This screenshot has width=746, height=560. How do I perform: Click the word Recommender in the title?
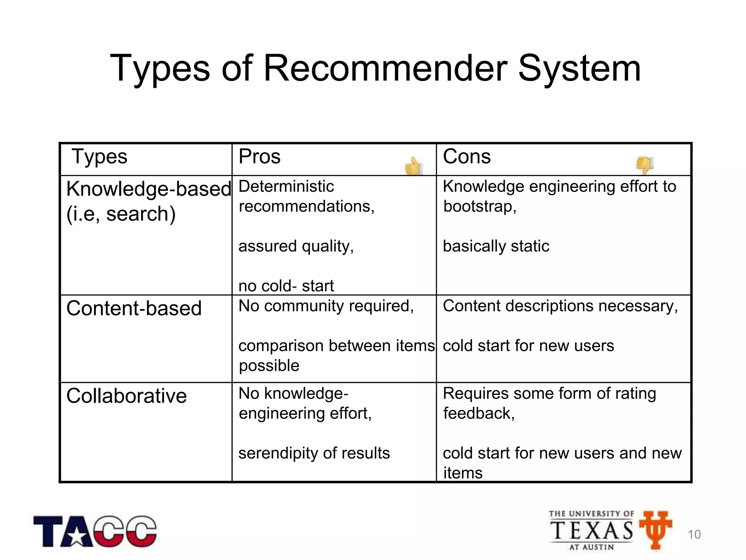tap(385, 68)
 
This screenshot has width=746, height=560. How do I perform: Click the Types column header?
tap(99, 157)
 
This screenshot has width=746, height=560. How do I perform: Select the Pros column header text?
tap(259, 157)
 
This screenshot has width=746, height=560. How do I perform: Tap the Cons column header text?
tap(467, 157)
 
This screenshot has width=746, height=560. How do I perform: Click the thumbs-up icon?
tap(413, 166)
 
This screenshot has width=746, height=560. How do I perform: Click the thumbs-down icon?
tap(644, 165)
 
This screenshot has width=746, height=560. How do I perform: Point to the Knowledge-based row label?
tap(149, 189)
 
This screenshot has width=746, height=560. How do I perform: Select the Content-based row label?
tap(134, 308)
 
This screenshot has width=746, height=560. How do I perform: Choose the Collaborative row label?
tap(126, 396)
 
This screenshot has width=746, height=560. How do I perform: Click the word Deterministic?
tap(286, 186)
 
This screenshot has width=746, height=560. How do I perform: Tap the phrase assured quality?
tap(295, 246)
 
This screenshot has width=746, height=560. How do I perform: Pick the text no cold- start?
tap(286, 286)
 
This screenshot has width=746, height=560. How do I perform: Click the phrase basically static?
tap(496, 246)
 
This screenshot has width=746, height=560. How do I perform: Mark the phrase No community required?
tap(326, 306)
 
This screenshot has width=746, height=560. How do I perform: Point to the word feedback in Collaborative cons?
tap(478, 413)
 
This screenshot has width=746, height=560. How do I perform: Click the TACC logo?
tap(95, 531)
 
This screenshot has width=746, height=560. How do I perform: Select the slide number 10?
tap(694, 534)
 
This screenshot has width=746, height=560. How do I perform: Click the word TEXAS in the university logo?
tap(592, 530)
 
